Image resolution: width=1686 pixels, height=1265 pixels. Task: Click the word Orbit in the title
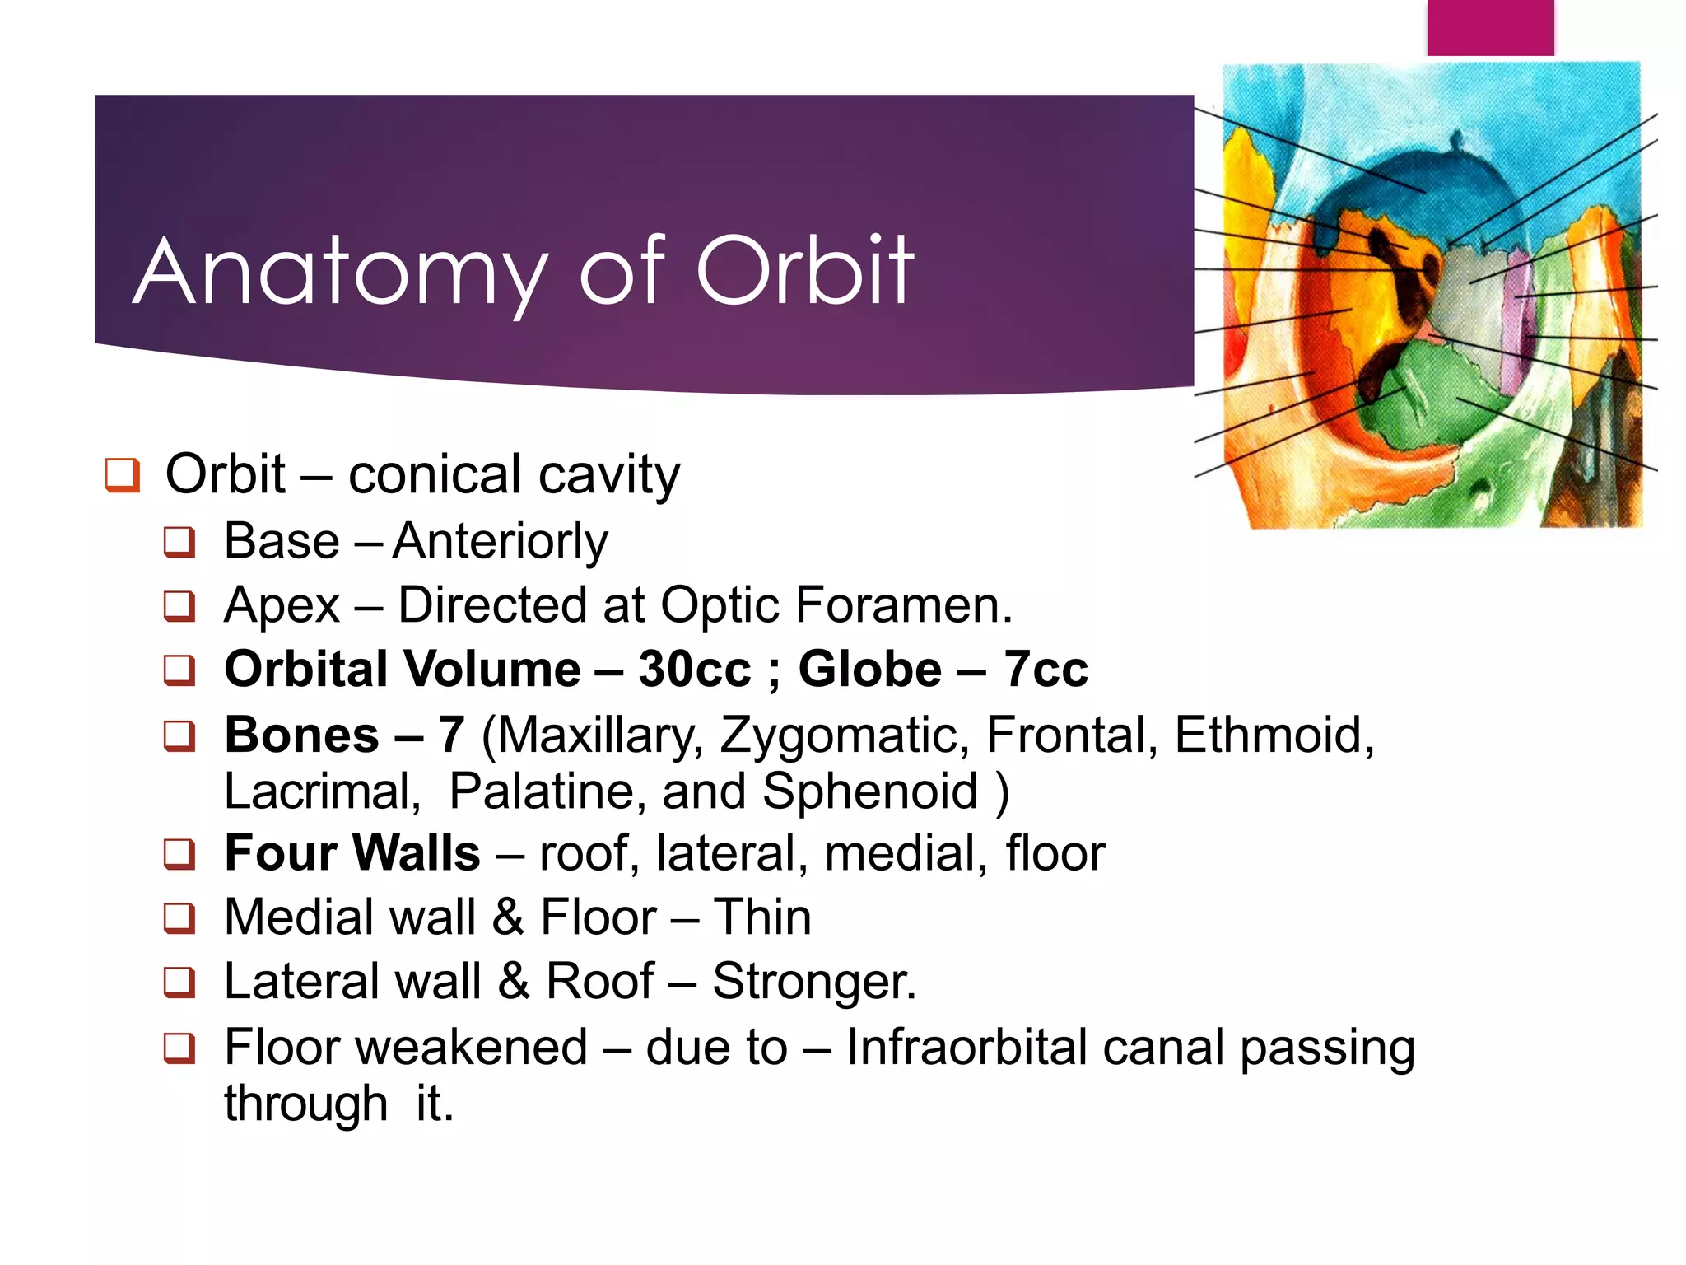[804, 271]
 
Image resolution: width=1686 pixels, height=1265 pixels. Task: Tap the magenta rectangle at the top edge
[1490, 27]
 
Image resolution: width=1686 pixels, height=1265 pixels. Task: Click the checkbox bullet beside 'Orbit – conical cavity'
[123, 475]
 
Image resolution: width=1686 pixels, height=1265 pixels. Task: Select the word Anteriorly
[501, 542]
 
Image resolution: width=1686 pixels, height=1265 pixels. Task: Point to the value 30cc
[694, 669]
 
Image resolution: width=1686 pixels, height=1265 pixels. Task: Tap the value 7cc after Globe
[1046, 669]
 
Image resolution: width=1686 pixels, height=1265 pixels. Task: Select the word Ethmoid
[1273, 735]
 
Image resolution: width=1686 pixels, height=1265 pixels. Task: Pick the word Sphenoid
[870, 791]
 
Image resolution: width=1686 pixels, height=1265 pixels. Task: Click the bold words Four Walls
[352, 853]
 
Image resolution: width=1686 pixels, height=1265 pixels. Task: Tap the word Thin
[762, 917]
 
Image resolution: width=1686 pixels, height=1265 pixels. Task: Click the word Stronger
[813, 982]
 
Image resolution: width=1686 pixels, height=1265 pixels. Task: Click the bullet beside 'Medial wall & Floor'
[179, 917]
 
